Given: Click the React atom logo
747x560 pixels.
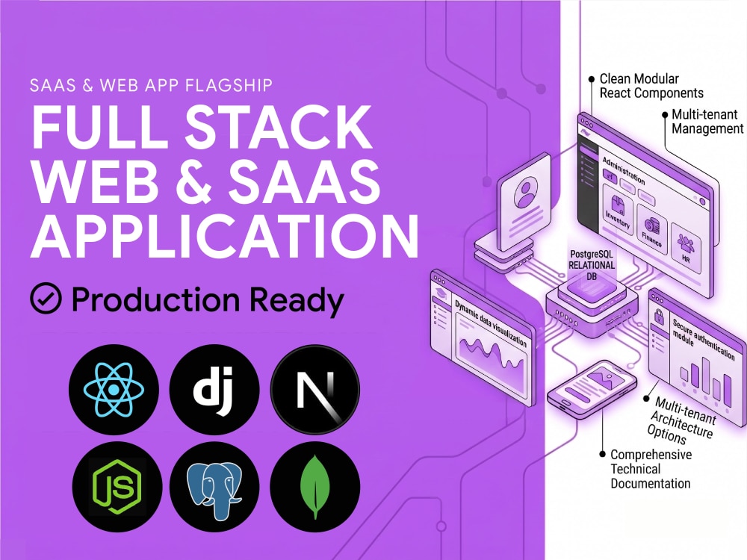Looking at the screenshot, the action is tap(114, 390).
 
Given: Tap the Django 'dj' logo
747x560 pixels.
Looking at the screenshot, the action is tap(214, 390).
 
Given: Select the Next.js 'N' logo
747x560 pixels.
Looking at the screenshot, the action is tap(315, 390).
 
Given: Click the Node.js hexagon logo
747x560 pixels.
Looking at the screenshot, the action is tap(117, 486).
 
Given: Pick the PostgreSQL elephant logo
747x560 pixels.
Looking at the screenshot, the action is tap(214, 486).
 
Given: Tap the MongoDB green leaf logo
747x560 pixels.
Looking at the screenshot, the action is tap(315, 486).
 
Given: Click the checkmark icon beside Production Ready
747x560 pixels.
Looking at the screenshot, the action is tap(46, 298).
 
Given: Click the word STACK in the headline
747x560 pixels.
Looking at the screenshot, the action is tap(278, 127).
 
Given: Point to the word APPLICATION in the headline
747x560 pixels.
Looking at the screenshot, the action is tap(224, 236).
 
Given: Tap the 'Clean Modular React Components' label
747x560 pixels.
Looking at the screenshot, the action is tap(651, 86).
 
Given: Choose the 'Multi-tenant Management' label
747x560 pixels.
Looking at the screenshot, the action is tap(707, 122).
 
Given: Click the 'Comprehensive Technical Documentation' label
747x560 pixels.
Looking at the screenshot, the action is tap(651, 469).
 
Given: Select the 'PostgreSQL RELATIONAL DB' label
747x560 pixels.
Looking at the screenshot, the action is tap(591, 265).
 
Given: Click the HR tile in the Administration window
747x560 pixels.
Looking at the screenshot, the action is tap(686, 248).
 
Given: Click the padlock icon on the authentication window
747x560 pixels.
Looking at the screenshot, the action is tap(659, 316).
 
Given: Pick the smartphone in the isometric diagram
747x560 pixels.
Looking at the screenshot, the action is tap(592, 389).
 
